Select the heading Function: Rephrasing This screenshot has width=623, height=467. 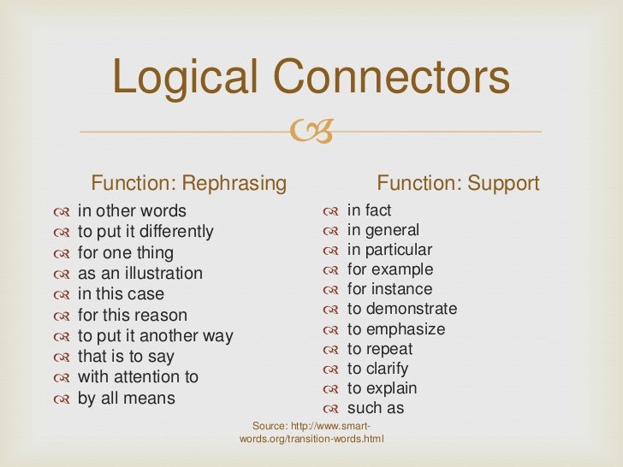pos(189,183)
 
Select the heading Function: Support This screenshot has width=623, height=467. pos(458,183)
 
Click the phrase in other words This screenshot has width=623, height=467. pos(132,211)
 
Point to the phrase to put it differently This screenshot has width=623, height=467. pos(145,232)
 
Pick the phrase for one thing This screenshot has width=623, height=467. pos(125,253)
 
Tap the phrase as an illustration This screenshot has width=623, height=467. pos(140,274)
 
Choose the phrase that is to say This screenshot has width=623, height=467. pos(126,357)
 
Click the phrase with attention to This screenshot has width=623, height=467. pos(138,377)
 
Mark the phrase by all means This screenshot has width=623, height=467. pos(126,398)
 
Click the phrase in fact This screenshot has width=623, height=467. pos(369,210)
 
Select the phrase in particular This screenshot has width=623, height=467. pos(389,250)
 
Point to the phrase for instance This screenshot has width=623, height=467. pos(389,289)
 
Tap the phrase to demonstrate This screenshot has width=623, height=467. pos(402,309)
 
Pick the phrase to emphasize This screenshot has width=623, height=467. pos(396,329)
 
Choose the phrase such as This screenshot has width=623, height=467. pos(375,408)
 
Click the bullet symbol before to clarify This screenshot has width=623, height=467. pos(331,369)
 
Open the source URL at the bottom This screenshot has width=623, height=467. pos(311,433)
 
